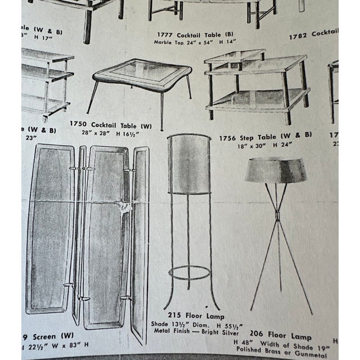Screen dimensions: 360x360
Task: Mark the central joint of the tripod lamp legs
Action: click(x=274, y=216)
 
